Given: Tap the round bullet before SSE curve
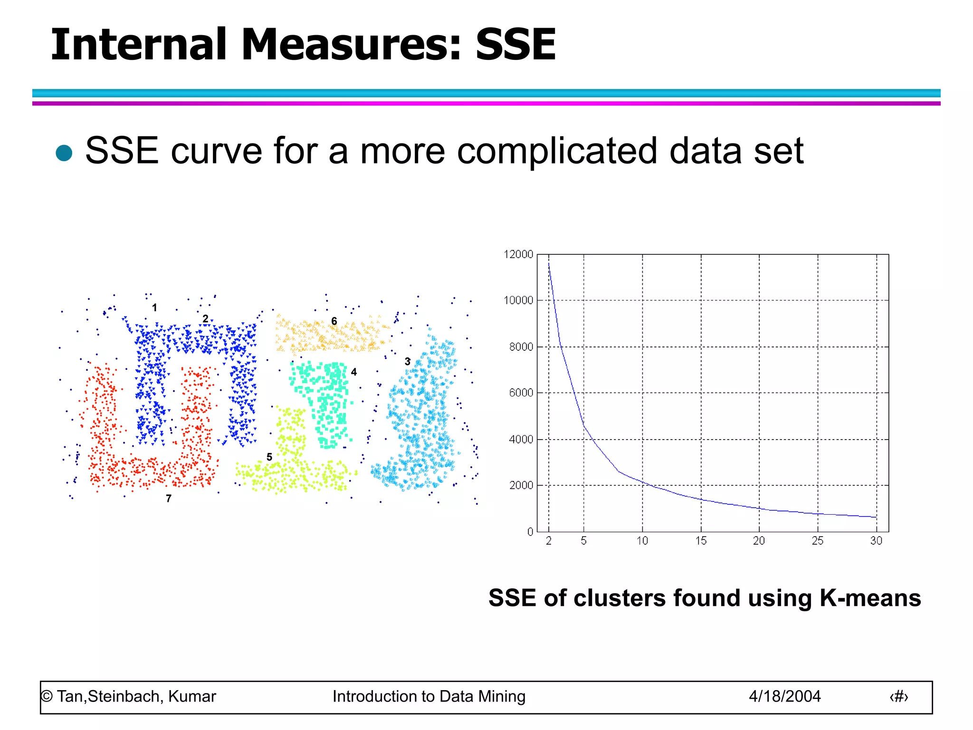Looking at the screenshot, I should coord(64,153).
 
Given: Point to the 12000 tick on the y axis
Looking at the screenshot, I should coord(518,255).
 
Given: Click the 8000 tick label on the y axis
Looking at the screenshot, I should coord(521,347).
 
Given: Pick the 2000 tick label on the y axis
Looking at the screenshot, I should coord(521,485).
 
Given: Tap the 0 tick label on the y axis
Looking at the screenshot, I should coord(530,532).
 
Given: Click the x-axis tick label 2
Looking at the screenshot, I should coord(549,541).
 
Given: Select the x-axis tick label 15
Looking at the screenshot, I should coord(701,541).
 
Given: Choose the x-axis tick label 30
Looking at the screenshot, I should coord(876,541).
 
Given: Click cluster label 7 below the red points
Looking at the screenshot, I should coord(169,499).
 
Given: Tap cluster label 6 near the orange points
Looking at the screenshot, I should coord(334,321).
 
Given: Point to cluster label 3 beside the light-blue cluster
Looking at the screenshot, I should coord(407,362).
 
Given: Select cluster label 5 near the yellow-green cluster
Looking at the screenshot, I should coord(269,457).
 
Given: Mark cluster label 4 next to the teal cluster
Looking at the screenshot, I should coord(353,372).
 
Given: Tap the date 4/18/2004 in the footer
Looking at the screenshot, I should coord(784,697).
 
